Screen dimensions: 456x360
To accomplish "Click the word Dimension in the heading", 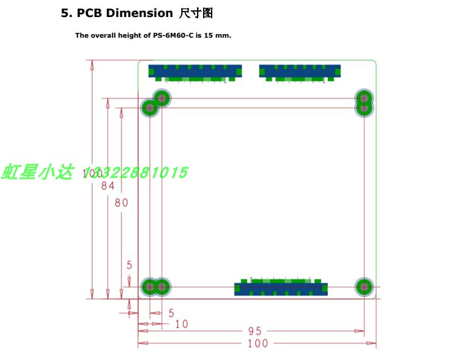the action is (140, 13).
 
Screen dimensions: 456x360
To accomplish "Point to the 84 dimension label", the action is (108, 187).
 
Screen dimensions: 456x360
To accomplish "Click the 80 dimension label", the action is (122, 202).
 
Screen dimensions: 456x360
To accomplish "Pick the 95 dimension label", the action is (255, 331).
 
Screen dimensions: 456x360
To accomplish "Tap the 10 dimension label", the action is (181, 324).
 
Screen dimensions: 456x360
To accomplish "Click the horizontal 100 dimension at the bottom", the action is (258, 344).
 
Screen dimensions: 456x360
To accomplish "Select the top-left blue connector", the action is (195, 72).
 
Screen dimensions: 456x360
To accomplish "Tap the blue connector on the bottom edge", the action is (281, 287).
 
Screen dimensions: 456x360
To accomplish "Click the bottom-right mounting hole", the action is (364, 286).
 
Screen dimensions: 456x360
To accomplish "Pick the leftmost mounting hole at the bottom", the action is (149, 286).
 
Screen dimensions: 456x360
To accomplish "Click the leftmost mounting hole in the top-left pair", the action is (149, 109).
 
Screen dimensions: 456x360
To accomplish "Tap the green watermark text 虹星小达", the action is (37, 173).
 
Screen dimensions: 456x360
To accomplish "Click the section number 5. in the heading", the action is (66, 13).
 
